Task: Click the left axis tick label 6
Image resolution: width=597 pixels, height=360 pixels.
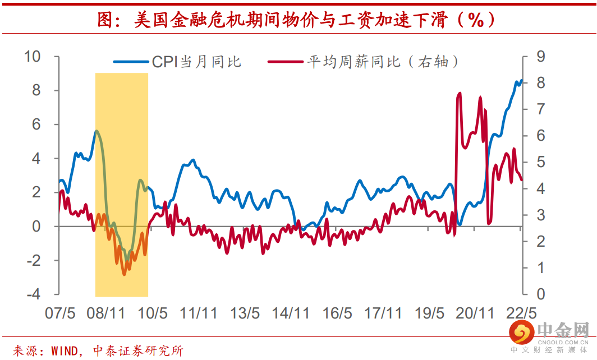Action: click(36, 124)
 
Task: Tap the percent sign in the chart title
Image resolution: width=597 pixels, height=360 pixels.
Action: click(476, 21)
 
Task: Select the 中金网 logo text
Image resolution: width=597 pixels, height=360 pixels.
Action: click(563, 331)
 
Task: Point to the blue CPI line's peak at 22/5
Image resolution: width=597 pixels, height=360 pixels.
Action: click(521, 80)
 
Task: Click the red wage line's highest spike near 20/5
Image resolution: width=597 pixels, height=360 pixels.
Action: click(460, 93)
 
